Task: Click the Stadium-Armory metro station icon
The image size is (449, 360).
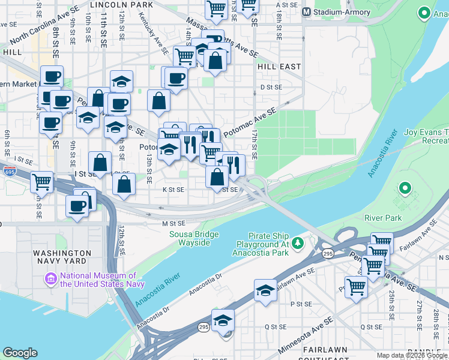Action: (307, 11)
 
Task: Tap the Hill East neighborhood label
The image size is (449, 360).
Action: (279, 67)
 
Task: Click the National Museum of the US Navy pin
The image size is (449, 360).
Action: (50, 279)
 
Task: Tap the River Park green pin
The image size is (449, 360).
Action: (405, 190)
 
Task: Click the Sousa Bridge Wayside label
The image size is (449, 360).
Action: (193, 238)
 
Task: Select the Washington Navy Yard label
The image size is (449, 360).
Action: (62, 258)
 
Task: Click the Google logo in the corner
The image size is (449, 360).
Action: (20, 353)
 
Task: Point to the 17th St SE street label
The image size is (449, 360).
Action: (255, 144)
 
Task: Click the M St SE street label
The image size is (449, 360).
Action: (172, 223)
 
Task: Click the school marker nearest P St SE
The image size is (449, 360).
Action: (265, 291)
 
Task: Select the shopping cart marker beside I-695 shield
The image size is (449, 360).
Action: (41, 181)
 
